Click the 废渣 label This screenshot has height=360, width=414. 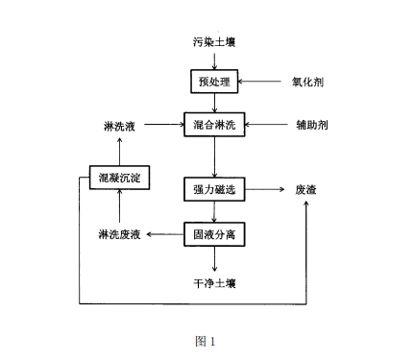[306, 190]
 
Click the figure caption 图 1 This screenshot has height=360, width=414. [206, 340]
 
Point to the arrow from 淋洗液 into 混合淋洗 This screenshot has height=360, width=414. [165, 126]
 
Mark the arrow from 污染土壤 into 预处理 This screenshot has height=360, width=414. [211, 60]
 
